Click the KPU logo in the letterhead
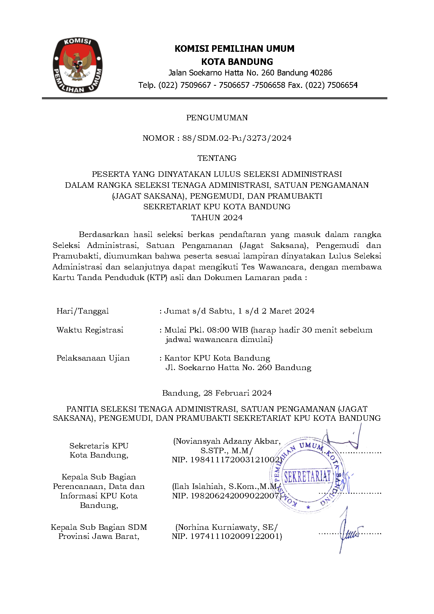point(78,65)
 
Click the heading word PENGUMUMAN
point(217,118)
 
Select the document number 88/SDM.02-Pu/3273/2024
point(237,138)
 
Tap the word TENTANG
point(217,158)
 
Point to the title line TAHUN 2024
point(217,218)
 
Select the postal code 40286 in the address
point(321,73)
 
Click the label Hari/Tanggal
point(83,311)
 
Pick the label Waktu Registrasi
point(90,330)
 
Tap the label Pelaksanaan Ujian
point(93,358)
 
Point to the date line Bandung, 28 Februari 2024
point(217,393)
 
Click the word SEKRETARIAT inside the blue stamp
point(308,477)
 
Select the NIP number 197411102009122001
point(235,536)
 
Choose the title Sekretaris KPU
point(99,446)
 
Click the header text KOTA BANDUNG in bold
point(237,62)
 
